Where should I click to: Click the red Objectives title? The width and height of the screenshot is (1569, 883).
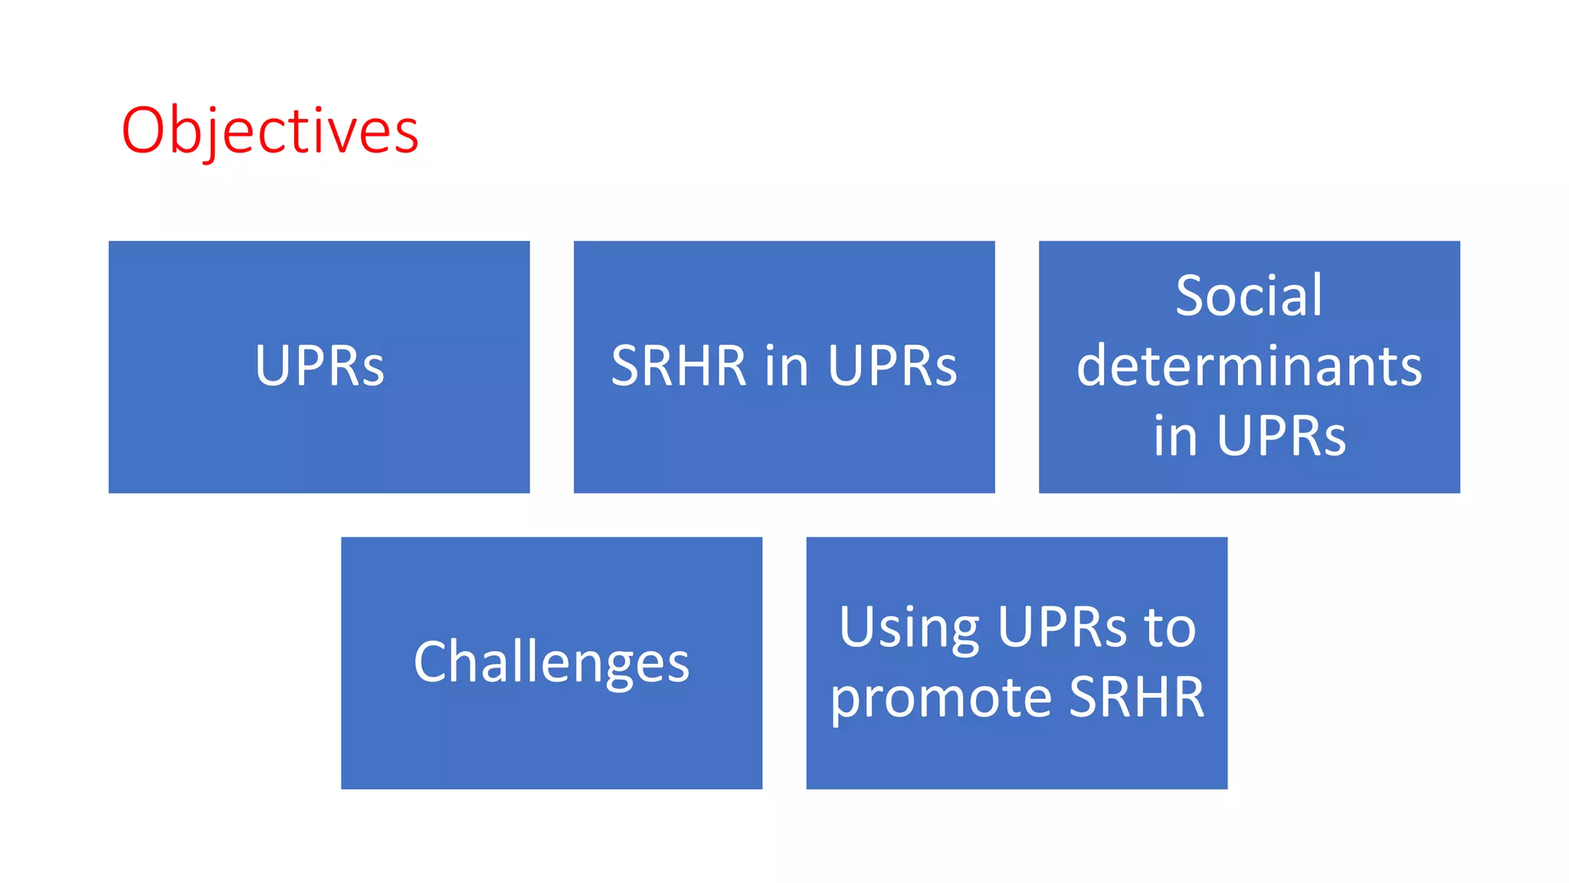(270, 131)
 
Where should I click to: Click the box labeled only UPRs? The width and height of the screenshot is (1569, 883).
(319, 366)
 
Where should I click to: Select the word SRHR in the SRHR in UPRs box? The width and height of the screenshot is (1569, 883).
(678, 366)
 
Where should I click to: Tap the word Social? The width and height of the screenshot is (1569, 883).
(1249, 296)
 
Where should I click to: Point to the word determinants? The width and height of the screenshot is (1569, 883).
(1249, 366)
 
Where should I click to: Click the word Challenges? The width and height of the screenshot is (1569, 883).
(552, 663)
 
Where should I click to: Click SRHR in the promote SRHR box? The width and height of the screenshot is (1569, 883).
(1137, 698)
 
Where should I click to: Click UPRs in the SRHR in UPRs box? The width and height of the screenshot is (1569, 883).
(893, 366)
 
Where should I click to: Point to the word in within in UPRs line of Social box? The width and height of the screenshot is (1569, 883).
(1174, 436)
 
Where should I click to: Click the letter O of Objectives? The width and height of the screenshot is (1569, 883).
(144, 131)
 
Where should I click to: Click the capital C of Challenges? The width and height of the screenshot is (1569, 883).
(431, 662)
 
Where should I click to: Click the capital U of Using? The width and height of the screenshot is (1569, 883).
(857, 628)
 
